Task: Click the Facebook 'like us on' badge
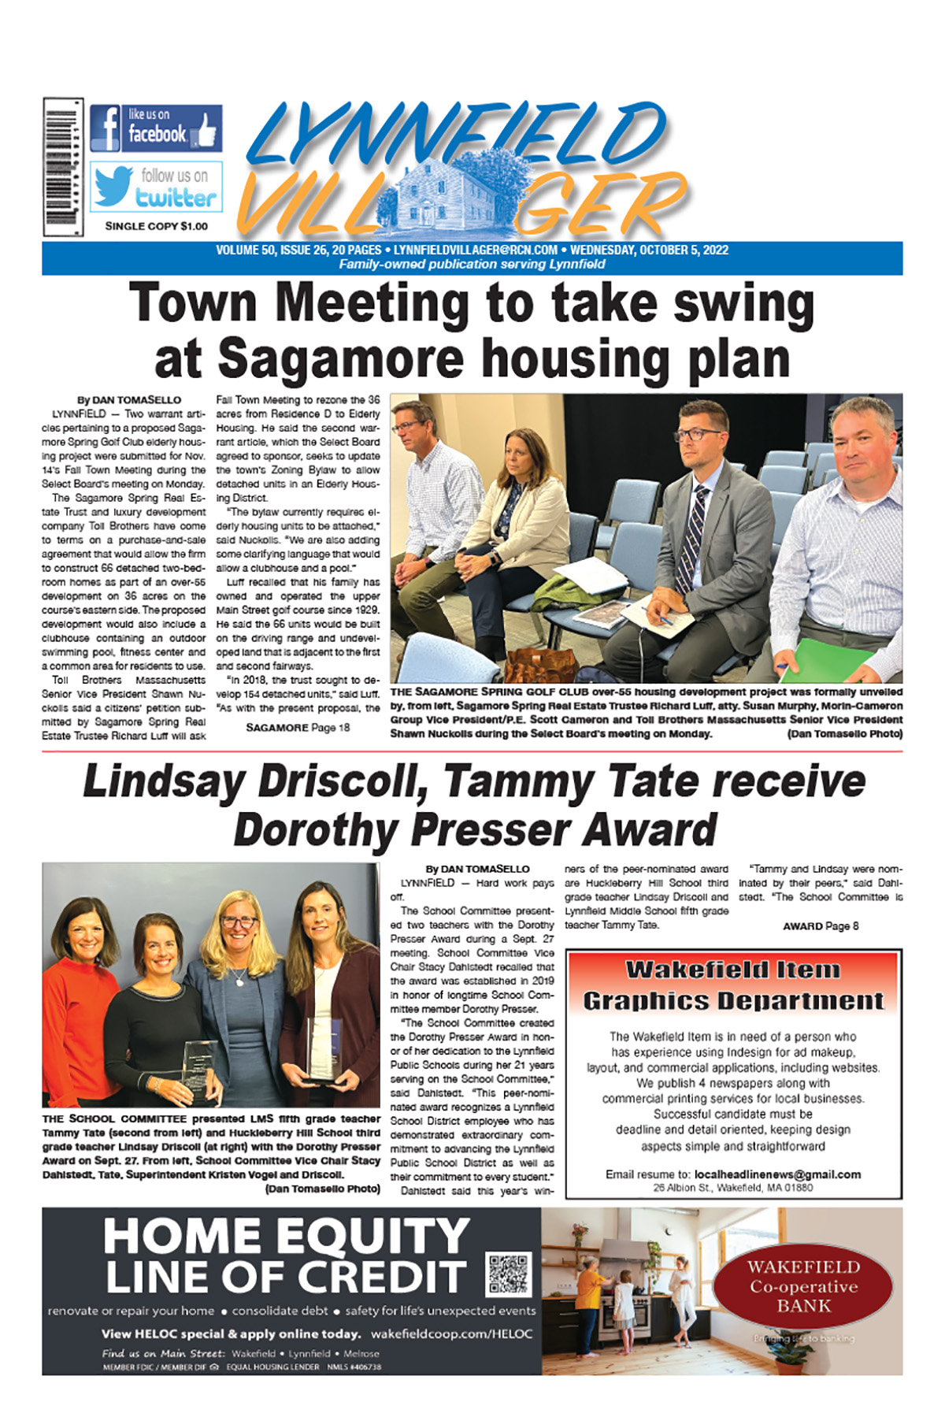(x=156, y=128)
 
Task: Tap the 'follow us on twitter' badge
(x=156, y=187)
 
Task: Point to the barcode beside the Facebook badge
(x=63, y=167)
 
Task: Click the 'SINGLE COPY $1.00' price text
(x=157, y=226)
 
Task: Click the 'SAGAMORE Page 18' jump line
(x=298, y=728)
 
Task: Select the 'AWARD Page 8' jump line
(x=821, y=926)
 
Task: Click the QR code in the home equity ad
(x=510, y=1274)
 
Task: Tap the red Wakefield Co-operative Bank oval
(x=803, y=1286)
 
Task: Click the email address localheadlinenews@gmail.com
(x=777, y=1174)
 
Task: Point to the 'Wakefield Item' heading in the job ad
(x=732, y=970)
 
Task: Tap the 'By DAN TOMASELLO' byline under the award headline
(x=477, y=869)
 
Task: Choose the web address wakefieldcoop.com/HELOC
(x=451, y=1334)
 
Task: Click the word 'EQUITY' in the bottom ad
(x=372, y=1236)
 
